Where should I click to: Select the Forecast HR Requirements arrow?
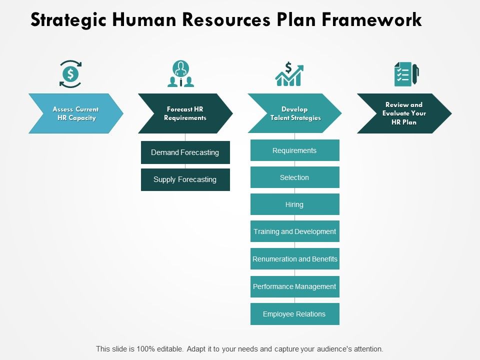185,113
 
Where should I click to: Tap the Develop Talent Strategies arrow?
294,113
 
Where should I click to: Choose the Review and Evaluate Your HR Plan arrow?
404,113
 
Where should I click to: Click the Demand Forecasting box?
185,152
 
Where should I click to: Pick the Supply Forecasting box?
185,179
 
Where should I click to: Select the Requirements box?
294,150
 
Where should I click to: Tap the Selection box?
294,177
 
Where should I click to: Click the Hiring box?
294,204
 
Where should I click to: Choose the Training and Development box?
294,231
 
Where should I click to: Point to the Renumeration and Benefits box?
294,259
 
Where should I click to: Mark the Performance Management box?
294,286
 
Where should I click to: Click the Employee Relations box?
294,314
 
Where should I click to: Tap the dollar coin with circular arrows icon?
70,74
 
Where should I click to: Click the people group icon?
180,74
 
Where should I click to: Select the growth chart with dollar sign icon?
289,74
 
